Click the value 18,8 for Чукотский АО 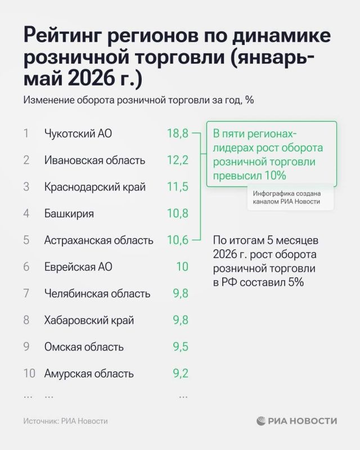coord(178,133)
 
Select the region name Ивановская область coord(94,160)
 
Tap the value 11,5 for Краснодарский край coord(178,187)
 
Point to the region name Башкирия coord(69,214)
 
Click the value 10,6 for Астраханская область coord(178,240)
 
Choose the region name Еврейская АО coord(78,267)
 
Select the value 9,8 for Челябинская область coord(181,294)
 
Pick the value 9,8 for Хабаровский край coord(181,320)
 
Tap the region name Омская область coord(84,347)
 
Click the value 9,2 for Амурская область coord(181,373)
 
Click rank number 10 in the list coord(29,373)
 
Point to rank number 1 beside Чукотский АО coord(26,133)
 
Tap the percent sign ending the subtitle coord(250,100)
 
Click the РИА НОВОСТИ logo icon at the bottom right coord(261,421)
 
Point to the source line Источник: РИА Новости coord(65,421)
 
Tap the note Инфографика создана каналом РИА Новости coord(286,197)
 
